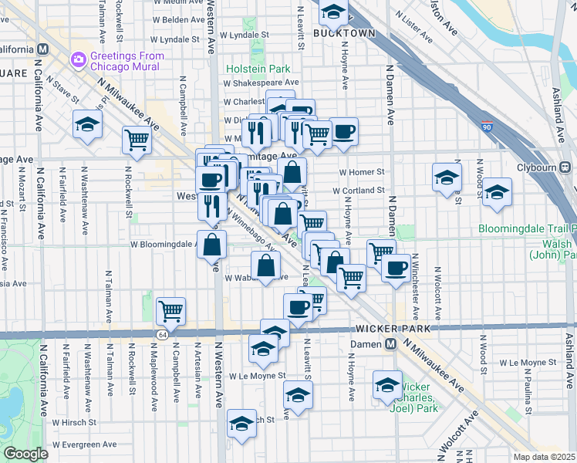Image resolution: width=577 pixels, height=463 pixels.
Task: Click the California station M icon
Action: [x=42, y=49]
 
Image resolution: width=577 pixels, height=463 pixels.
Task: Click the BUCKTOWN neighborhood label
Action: [x=344, y=33]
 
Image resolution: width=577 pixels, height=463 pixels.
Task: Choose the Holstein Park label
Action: [x=258, y=69]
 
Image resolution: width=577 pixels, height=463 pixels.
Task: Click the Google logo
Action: [x=25, y=454]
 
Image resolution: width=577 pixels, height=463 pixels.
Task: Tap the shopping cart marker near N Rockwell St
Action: [x=137, y=140]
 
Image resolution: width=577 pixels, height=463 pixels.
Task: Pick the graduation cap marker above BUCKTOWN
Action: [x=333, y=12]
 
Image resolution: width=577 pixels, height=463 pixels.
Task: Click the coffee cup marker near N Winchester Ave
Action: [x=396, y=269]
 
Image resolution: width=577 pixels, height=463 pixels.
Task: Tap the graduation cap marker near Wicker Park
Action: [x=387, y=384]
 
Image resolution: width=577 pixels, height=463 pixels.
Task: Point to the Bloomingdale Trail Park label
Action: [x=527, y=229]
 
